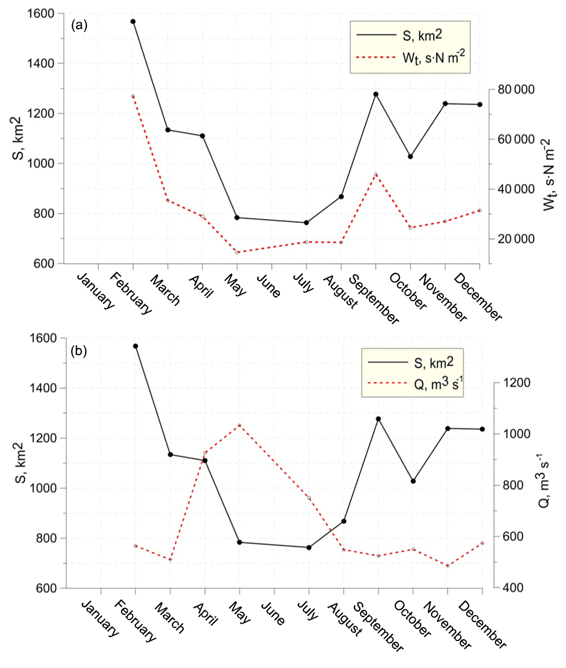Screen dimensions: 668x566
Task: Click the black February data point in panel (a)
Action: pyautogui.click(x=133, y=22)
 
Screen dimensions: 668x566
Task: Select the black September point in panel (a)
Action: pyautogui.click(x=376, y=94)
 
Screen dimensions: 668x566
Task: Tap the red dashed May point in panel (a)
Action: pyautogui.click(x=237, y=253)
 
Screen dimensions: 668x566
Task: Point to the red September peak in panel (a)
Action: pyautogui.click(x=376, y=175)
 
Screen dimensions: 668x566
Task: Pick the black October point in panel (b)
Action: pyautogui.click(x=413, y=481)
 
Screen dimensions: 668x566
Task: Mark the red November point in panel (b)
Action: pyautogui.click(x=448, y=565)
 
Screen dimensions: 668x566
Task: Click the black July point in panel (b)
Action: pyautogui.click(x=309, y=548)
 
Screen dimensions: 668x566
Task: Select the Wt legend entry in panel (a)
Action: pyautogui.click(x=412, y=57)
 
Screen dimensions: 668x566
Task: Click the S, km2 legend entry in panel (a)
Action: pyautogui.click(x=412, y=35)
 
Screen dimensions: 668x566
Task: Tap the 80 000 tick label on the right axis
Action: pyautogui.click(x=515, y=90)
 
